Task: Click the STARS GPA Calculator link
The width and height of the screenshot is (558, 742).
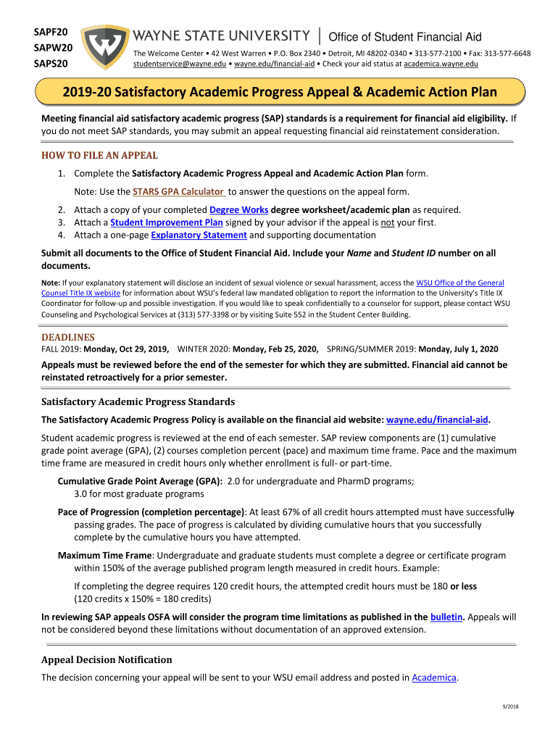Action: pyautogui.click(x=178, y=191)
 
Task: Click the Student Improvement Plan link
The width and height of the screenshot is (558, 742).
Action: pyautogui.click(x=166, y=222)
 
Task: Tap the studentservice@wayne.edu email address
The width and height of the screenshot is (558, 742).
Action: pyautogui.click(x=179, y=64)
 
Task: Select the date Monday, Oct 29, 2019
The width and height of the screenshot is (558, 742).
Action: pyautogui.click(x=126, y=349)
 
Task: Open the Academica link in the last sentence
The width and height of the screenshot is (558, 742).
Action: pyautogui.click(x=434, y=678)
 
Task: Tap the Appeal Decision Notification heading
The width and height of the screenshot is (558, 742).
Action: pyautogui.click(x=107, y=659)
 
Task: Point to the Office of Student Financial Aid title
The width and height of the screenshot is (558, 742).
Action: pyautogui.click(x=405, y=37)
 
